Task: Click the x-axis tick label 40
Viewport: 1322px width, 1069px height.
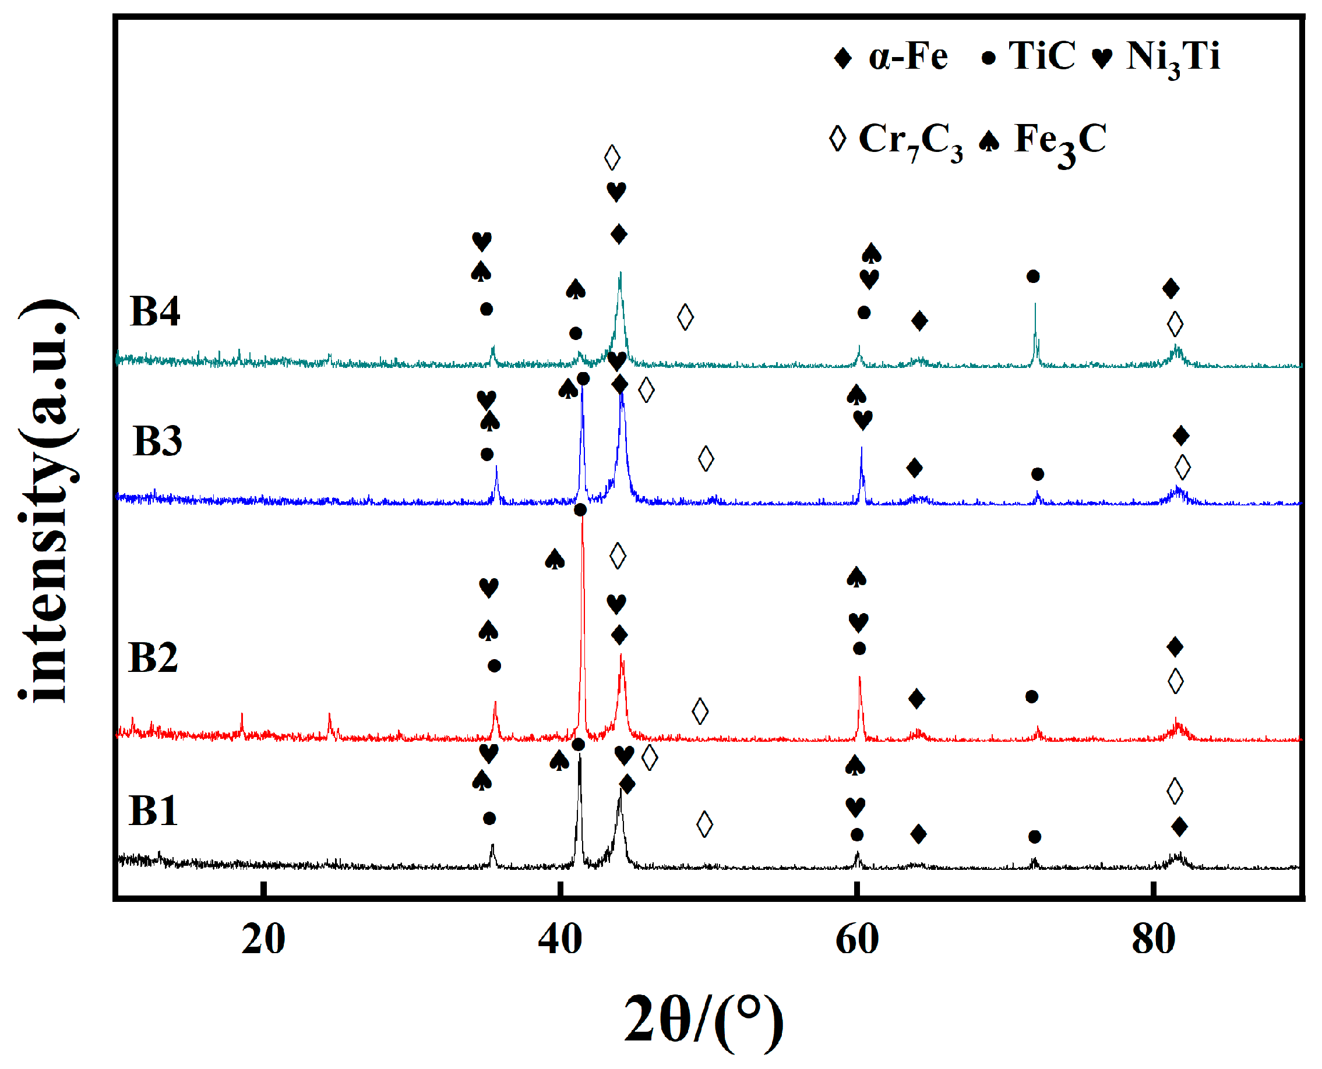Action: (x=559, y=940)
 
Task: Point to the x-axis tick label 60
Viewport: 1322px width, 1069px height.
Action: (x=856, y=940)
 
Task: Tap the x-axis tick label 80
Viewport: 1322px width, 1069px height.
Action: (x=1153, y=940)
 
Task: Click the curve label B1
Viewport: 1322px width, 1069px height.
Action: (x=153, y=811)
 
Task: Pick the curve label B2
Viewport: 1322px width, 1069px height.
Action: (x=153, y=658)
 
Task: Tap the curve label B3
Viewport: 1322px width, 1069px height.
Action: (x=157, y=441)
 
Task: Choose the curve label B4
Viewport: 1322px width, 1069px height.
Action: (x=154, y=312)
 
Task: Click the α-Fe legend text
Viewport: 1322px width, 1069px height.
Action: (x=907, y=56)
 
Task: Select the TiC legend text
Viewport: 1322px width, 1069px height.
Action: (x=1041, y=56)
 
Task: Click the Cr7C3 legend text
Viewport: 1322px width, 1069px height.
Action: (x=910, y=140)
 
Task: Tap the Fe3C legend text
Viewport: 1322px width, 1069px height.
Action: (x=1060, y=140)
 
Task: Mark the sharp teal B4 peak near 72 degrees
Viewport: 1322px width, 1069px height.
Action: (x=1035, y=305)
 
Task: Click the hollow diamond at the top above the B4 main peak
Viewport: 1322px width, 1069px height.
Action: (x=612, y=158)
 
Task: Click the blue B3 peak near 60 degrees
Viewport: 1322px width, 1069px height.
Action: (x=861, y=449)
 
